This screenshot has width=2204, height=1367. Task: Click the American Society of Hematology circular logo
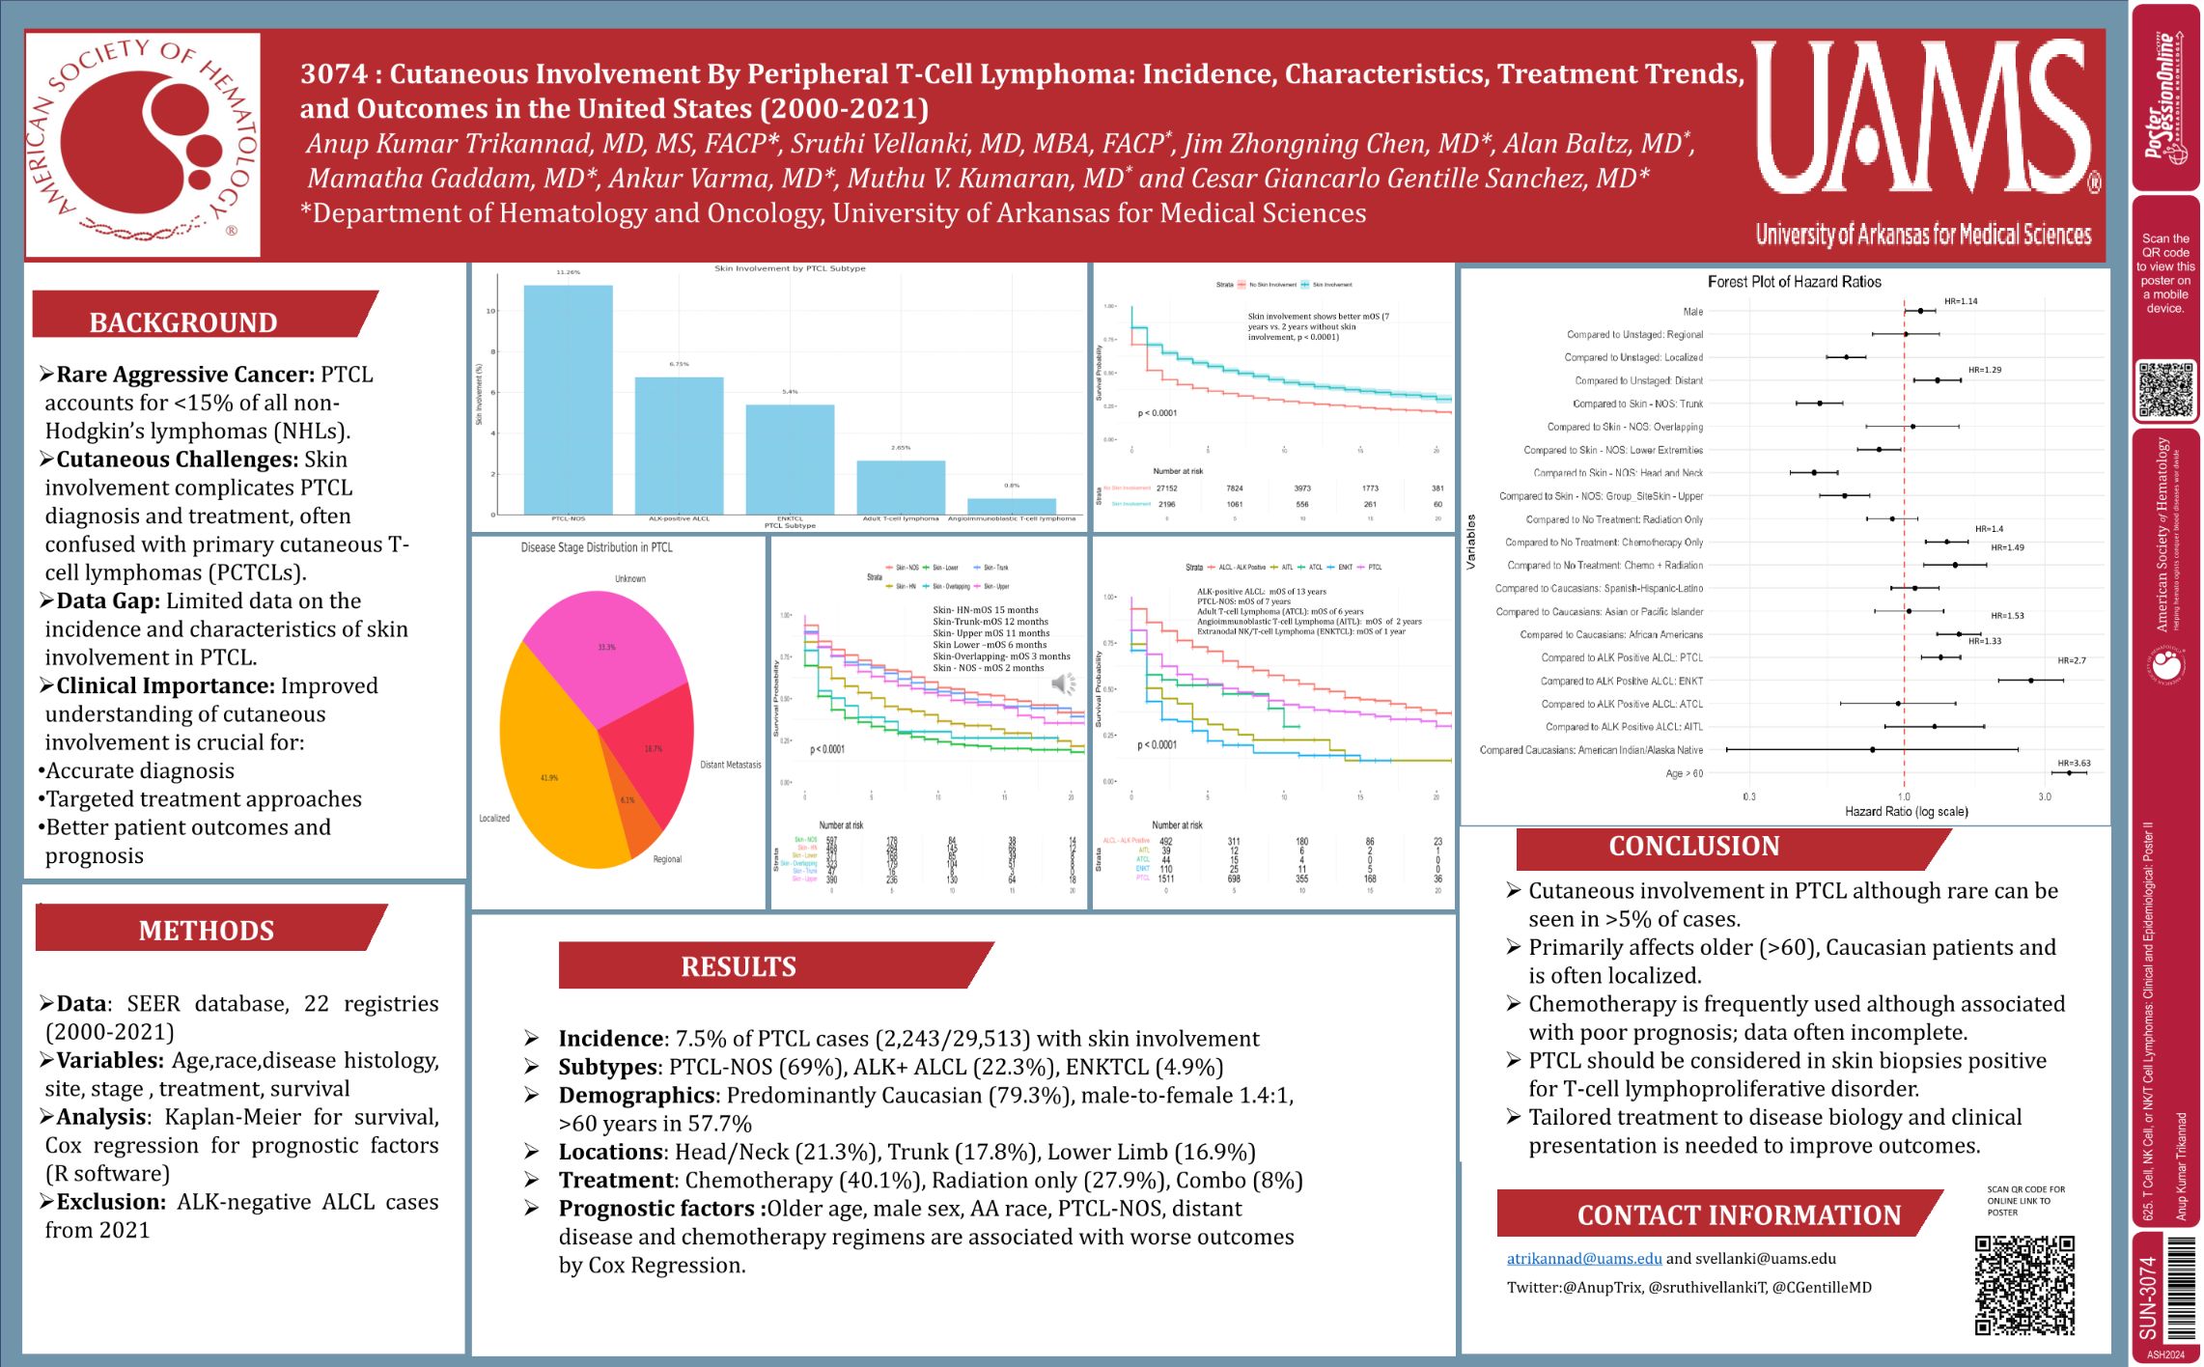[x=143, y=144]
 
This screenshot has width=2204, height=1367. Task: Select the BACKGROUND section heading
[x=183, y=321]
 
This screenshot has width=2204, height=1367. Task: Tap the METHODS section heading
[x=206, y=930]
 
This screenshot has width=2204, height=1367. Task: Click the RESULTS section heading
[x=739, y=965]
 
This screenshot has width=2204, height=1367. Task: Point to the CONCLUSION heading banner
[x=1693, y=846]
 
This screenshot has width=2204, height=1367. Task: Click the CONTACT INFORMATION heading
[x=1739, y=1214]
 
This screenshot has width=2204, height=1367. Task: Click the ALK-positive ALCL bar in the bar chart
[x=679, y=445]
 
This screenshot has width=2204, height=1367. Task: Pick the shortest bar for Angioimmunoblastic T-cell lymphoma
[x=1011, y=506]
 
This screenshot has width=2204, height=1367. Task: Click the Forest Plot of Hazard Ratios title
[x=1794, y=282]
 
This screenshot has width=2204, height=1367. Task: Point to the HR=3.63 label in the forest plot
[x=2074, y=763]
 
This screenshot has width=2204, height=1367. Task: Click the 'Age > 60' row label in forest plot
[x=1684, y=773]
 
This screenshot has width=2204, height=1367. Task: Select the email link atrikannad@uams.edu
[x=1584, y=1258]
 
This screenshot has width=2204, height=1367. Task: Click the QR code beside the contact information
[x=2024, y=1285]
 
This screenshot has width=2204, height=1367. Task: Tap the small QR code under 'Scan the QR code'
[x=2165, y=390]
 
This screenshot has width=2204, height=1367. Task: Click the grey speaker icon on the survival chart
[x=1063, y=684]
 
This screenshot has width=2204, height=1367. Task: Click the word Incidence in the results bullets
[x=611, y=1039]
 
